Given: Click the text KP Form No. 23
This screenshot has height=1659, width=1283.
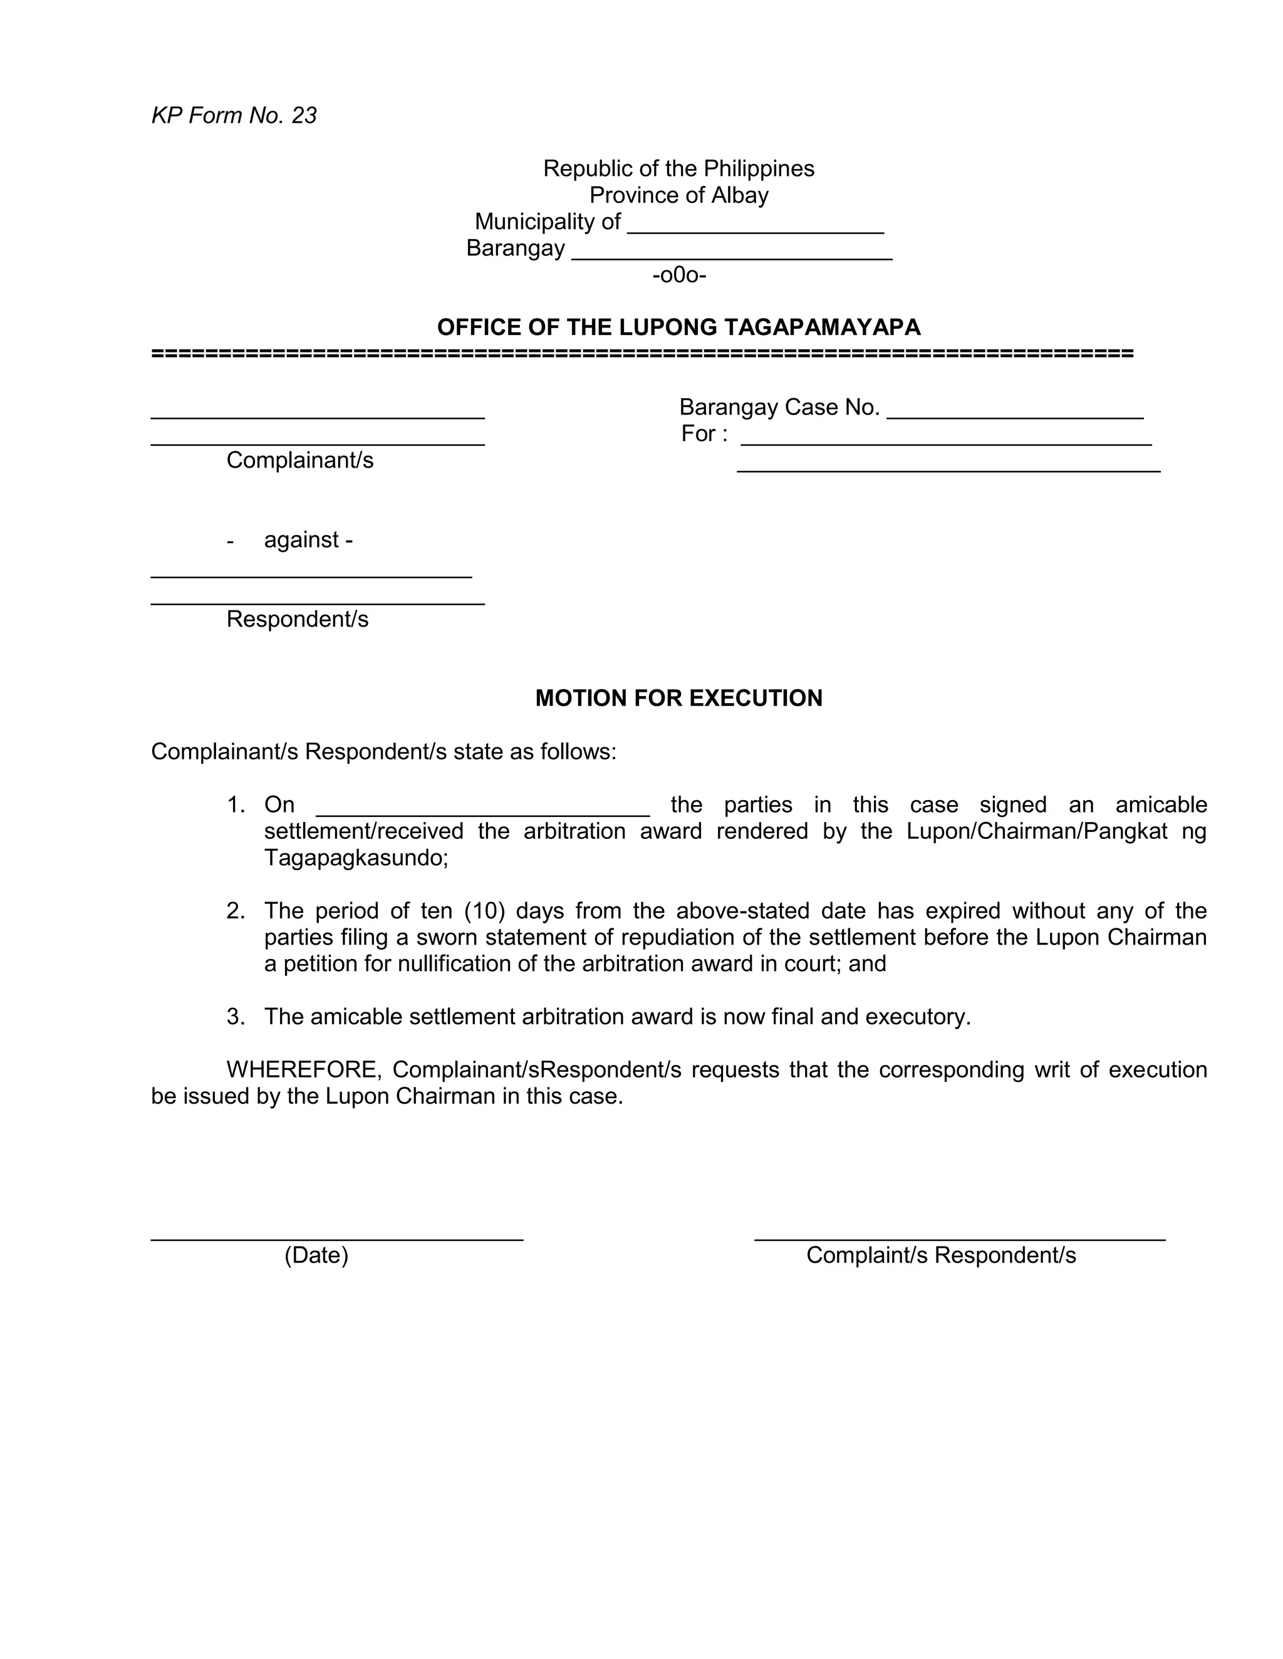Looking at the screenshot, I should pos(234,115).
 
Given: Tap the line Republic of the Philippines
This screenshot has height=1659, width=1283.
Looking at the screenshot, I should pos(678,168).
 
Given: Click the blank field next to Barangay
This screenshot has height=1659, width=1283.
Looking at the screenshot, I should pos(731,252).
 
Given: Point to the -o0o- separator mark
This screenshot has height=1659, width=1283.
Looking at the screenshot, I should pos(678,275).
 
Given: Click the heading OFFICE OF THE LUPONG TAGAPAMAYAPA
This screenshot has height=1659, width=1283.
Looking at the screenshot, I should pos(678,327).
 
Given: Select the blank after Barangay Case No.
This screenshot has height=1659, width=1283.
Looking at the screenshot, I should pos(1015,410).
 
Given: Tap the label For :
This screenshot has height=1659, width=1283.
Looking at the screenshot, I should pos(704,434).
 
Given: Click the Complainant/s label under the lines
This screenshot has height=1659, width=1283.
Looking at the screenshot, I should pos(299,460).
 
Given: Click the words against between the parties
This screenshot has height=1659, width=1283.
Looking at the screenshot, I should pos(301,540).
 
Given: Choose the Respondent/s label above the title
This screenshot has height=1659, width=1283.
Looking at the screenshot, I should pos(297,619).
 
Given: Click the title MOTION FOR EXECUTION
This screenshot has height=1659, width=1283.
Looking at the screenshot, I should pos(678,698).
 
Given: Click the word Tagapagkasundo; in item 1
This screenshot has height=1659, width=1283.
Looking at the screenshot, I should pos(356,858).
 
